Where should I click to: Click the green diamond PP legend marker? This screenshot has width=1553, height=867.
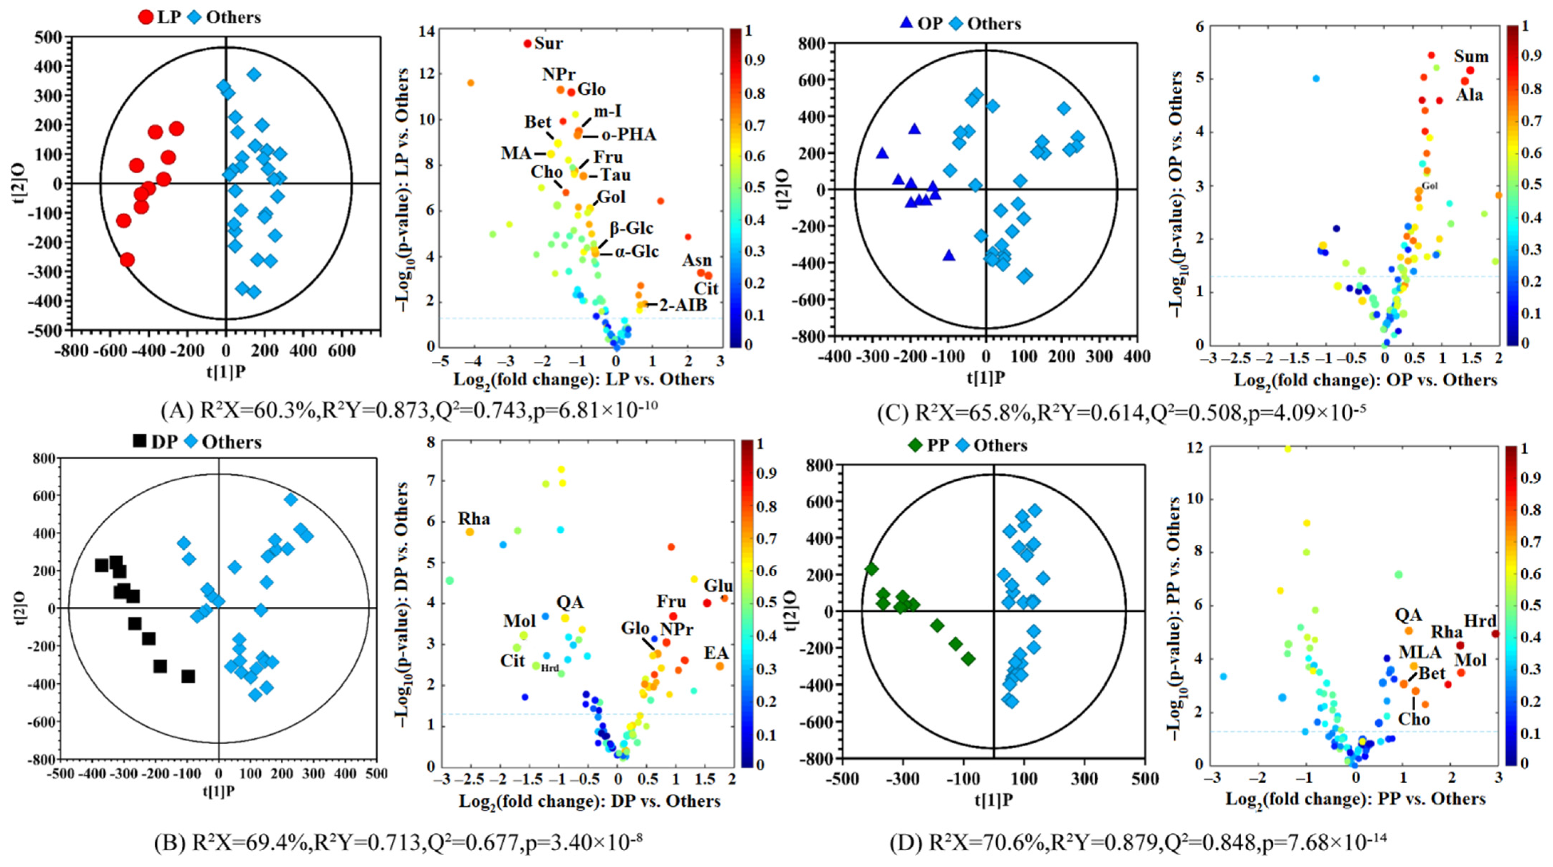[x=915, y=445]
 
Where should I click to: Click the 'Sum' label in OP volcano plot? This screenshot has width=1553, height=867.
[x=1471, y=57]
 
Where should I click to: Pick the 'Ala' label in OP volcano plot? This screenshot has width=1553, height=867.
[x=1469, y=95]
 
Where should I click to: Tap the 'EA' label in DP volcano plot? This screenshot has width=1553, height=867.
[x=716, y=653]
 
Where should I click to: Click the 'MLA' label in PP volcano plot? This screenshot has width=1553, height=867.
[x=1420, y=652]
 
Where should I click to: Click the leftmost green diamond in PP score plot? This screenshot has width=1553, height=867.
[x=871, y=569]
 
